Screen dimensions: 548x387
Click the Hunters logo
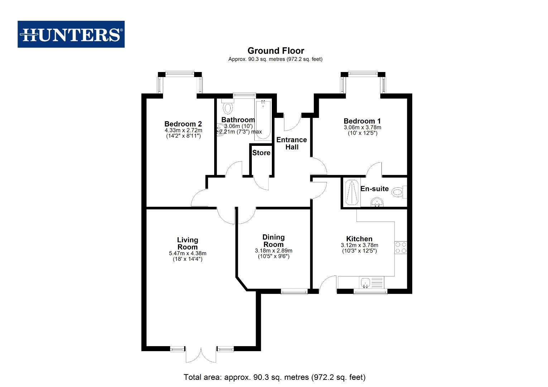pos(71,34)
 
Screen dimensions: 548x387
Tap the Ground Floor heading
pos(276,51)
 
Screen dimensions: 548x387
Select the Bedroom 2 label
pos(183,124)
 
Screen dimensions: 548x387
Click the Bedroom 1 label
pos(362,121)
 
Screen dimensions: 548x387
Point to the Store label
pos(261,153)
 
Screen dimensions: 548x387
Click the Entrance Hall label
pos(292,143)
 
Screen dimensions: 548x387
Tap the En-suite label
pos(375,189)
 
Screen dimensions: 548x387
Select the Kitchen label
pos(359,239)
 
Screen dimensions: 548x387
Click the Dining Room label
pos(274,240)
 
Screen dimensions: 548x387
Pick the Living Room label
pos(188,243)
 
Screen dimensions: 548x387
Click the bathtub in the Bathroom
pos(263,120)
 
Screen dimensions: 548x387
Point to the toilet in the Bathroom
pos(228,106)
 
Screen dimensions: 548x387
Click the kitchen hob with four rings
pos(401,248)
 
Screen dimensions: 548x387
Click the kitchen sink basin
pos(365,283)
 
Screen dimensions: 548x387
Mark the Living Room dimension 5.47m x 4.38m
pos(188,253)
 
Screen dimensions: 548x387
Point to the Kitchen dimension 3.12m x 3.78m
pos(359,245)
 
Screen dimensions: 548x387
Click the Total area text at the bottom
pos(274,377)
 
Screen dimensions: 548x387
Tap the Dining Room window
pos(294,291)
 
